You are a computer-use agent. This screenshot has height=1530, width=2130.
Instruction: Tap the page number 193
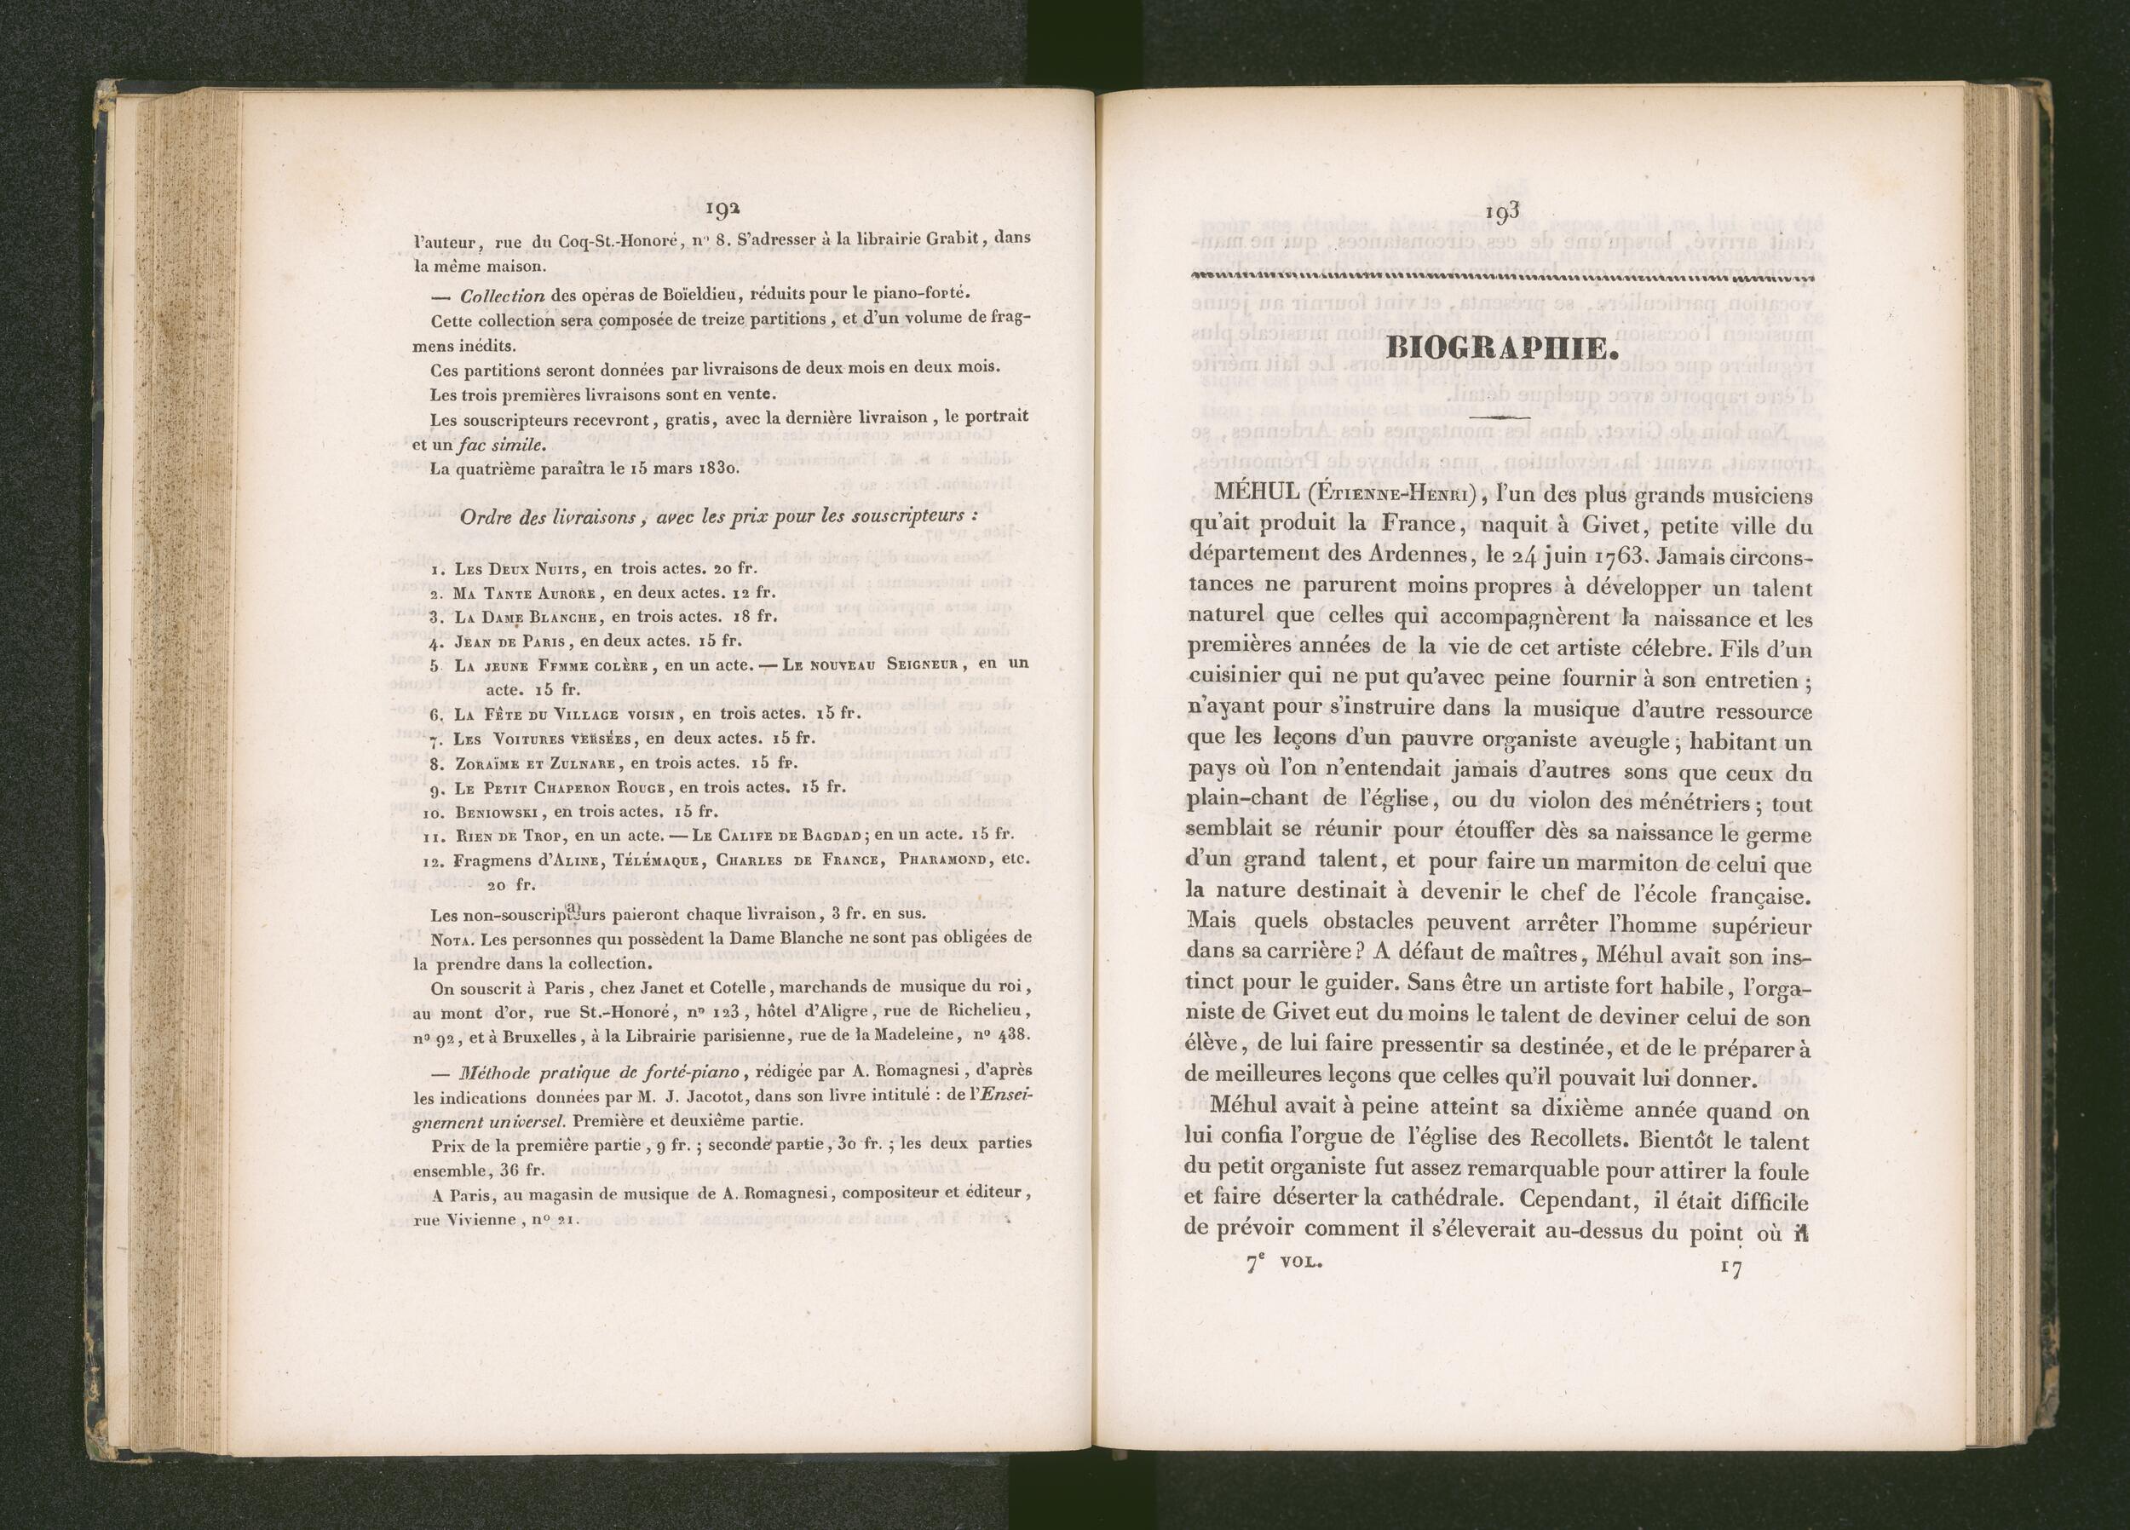(x=1503, y=214)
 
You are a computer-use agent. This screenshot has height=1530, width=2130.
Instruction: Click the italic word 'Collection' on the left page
(x=503, y=296)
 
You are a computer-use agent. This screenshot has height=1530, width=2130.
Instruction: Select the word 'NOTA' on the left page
(x=450, y=940)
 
